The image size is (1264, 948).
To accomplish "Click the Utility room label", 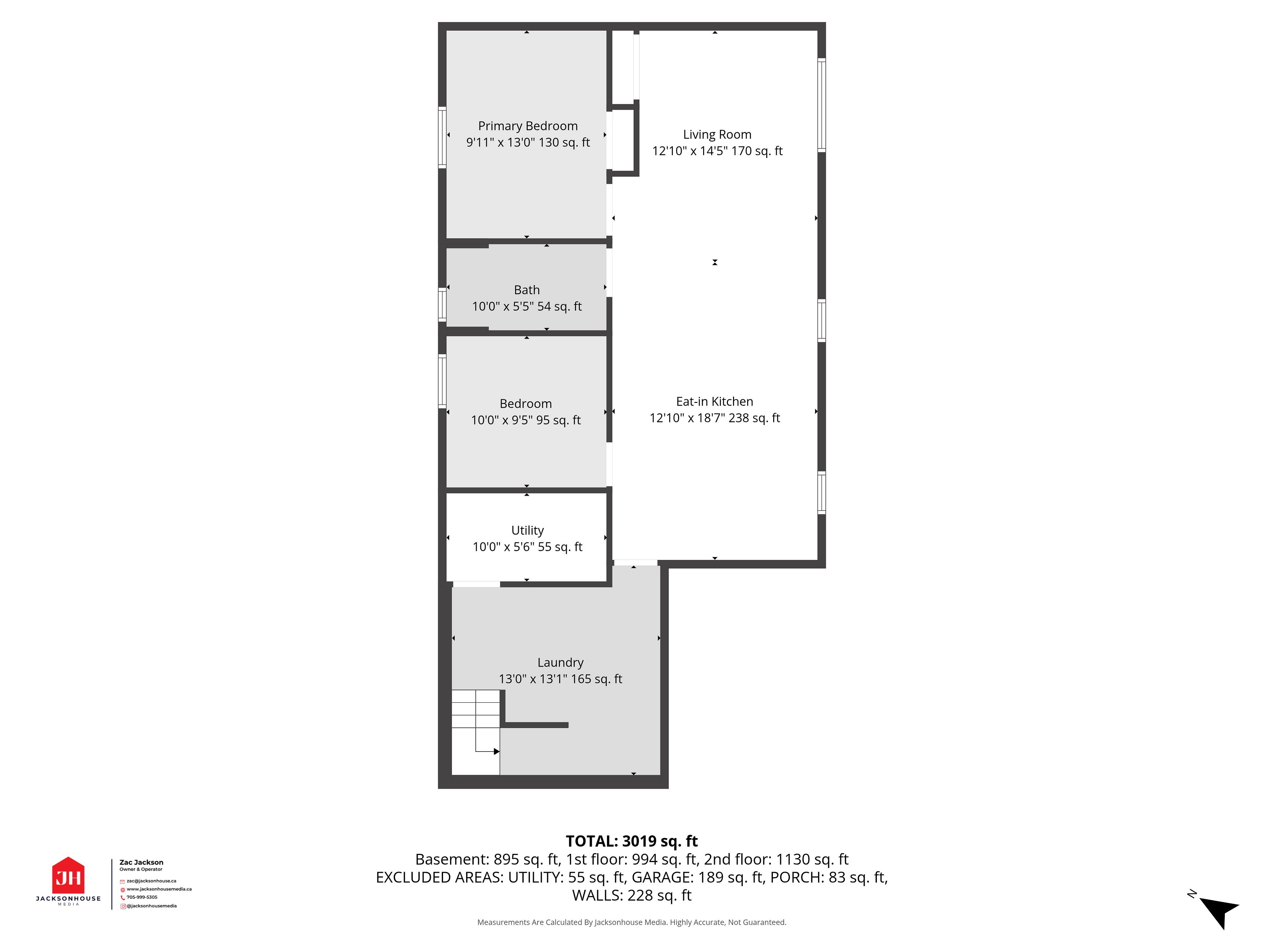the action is click(x=527, y=530).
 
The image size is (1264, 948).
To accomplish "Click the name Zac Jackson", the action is click(x=141, y=862).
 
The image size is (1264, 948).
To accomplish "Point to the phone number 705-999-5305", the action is click(x=142, y=897).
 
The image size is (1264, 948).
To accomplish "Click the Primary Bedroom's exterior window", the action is click(x=442, y=137).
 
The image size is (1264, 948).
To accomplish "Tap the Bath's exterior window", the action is click(x=442, y=304).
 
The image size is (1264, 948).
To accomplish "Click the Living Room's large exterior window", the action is click(x=822, y=105).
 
